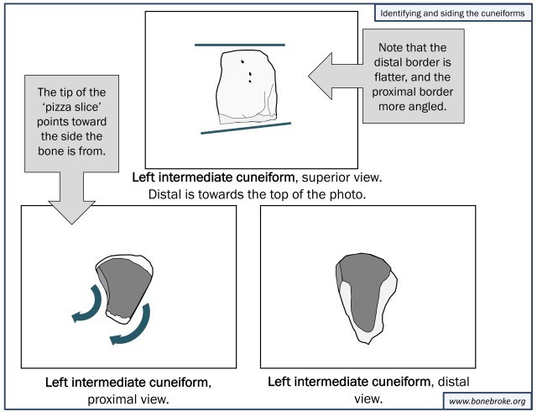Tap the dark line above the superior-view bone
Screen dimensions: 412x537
(x=239, y=44)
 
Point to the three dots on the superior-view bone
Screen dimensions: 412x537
(x=247, y=72)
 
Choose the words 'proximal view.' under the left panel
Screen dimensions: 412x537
(x=128, y=399)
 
